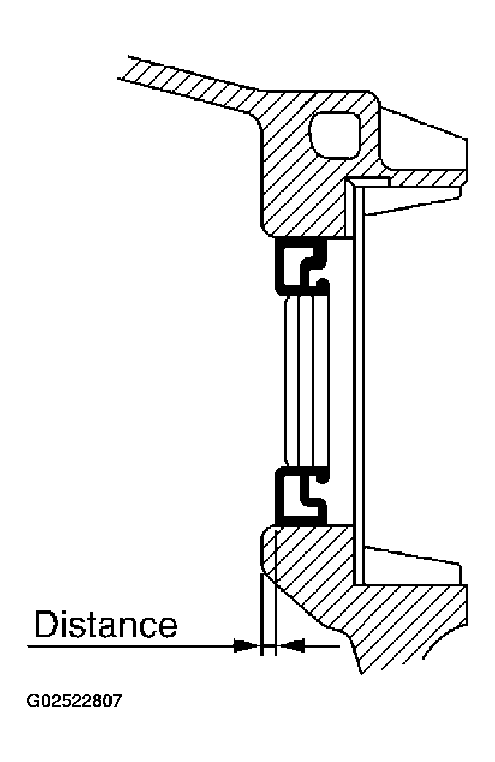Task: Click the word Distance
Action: [x=105, y=624]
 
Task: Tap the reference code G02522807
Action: [x=74, y=702]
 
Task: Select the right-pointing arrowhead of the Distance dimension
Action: [x=245, y=646]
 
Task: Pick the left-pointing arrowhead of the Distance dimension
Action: [x=293, y=646]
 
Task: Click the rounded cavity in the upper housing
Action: [x=335, y=135]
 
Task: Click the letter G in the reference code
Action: [x=33, y=702]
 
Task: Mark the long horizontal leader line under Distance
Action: [x=131, y=646]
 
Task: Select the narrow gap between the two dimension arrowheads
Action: [x=269, y=646]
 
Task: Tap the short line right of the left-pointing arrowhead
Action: [x=321, y=646]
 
